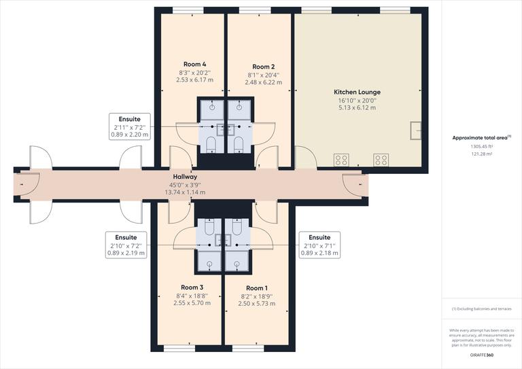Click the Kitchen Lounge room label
point(357,92)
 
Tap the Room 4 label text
point(195,65)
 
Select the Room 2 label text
point(262,67)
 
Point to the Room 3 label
point(192,287)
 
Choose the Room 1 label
point(257,288)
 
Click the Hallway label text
point(185,176)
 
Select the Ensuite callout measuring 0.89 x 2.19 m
point(126,245)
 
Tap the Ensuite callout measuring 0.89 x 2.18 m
point(319,245)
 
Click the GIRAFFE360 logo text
point(481,355)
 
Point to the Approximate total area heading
point(481,137)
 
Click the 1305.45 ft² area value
point(481,146)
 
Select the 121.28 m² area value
point(481,154)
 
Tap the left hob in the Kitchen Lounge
point(342,160)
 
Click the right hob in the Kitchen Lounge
point(381,160)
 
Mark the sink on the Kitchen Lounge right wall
point(415,128)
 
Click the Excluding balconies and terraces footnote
point(481,309)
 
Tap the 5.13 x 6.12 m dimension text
point(357,108)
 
